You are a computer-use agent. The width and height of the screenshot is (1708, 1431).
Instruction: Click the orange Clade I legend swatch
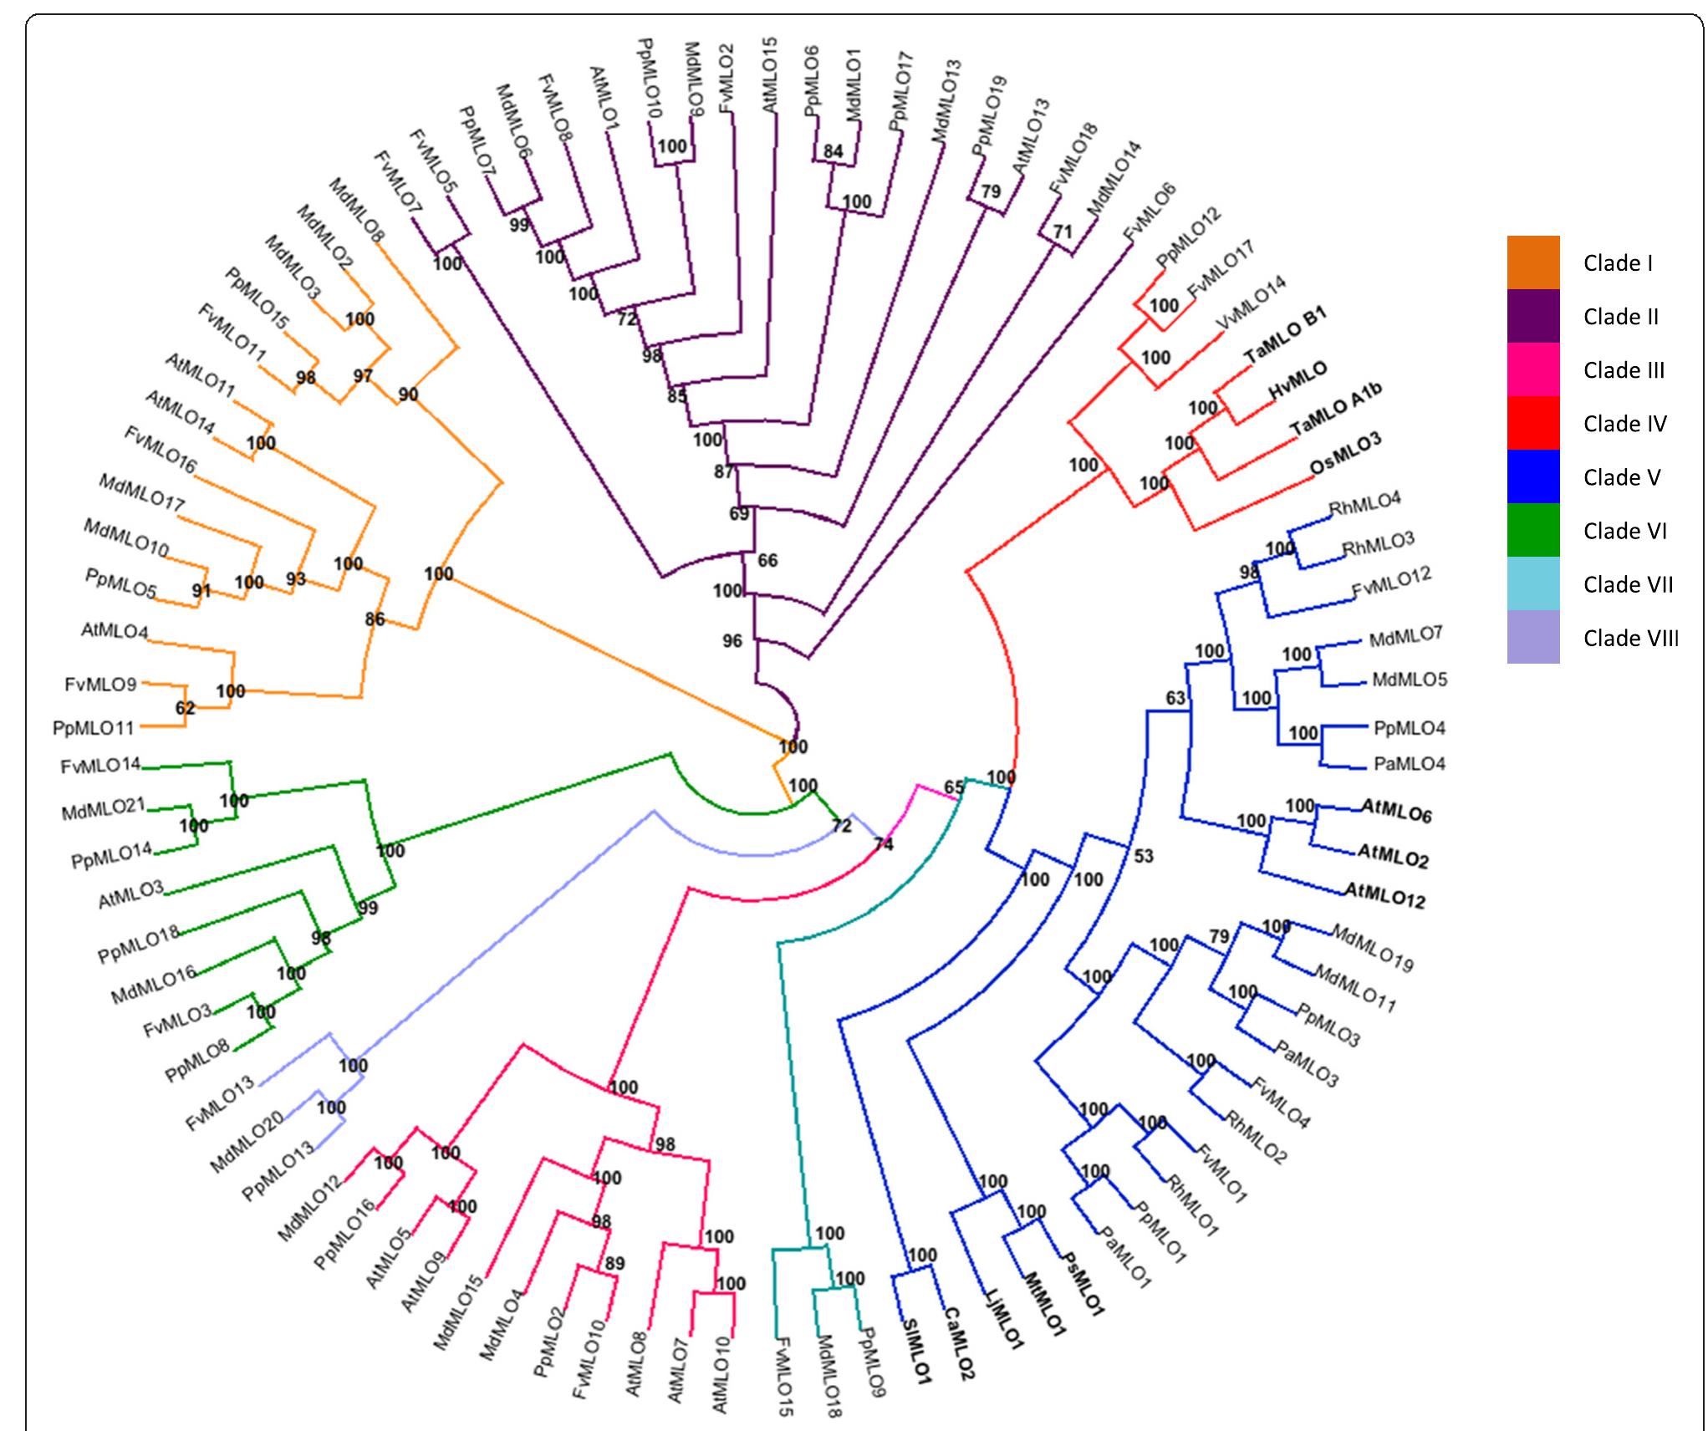pos(1532,262)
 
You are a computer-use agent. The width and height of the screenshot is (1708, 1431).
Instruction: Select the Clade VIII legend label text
pos(1630,639)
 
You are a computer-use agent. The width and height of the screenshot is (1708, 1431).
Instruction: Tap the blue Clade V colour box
pos(1532,476)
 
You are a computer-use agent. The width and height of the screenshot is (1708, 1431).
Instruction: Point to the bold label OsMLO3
pos(1345,453)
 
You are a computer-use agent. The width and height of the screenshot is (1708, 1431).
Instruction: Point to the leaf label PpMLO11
pos(94,728)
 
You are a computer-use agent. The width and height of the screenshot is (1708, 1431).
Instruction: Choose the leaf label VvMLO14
pos(1250,308)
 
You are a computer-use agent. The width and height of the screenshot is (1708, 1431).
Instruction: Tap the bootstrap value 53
pos(1143,855)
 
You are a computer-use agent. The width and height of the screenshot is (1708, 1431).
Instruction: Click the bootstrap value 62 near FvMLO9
pos(185,709)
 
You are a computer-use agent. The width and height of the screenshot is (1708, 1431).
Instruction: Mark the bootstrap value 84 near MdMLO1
pos(833,151)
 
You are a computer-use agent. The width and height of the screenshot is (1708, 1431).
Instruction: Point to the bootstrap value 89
pos(614,1263)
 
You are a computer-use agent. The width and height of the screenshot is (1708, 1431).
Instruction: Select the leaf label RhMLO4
pos(1364,505)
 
